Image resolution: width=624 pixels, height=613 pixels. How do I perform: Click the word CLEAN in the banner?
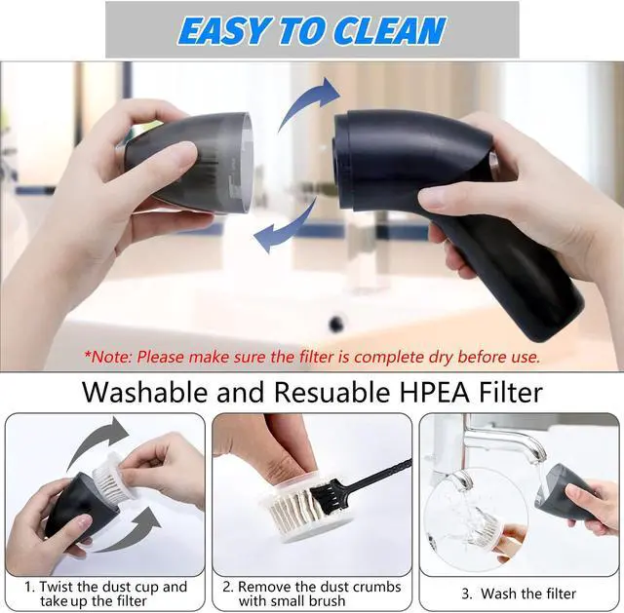coord(391,30)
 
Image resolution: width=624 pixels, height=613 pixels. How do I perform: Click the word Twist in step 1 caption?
coord(59,587)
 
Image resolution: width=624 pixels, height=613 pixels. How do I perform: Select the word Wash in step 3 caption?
coord(497,593)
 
